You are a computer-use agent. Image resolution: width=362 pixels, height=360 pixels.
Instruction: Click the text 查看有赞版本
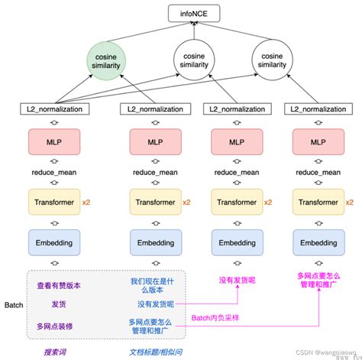coord(59,285)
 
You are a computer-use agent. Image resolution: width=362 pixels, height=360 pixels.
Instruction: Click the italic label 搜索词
coord(57,352)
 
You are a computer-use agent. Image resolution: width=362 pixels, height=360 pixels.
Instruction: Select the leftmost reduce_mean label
coord(53,174)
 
